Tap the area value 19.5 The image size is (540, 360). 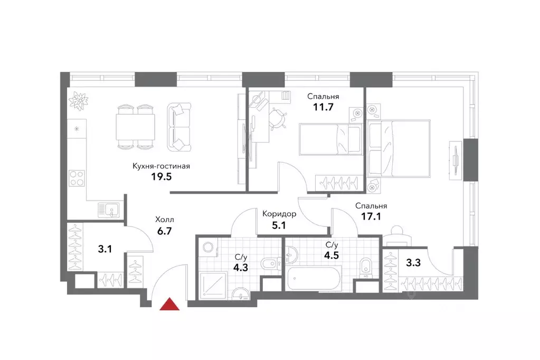click(162, 177)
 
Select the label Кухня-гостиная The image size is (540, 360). click(161, 166)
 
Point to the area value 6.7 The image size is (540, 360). click(165, 230)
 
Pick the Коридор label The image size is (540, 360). click(279, 214)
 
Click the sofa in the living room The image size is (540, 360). click(179, 127)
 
